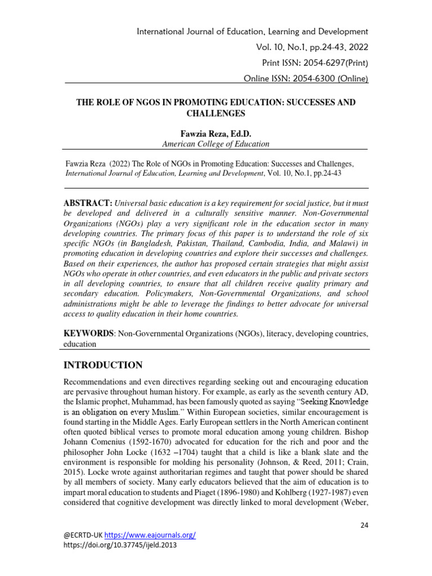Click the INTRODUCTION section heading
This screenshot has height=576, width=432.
103,364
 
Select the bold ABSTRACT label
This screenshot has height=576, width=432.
88,202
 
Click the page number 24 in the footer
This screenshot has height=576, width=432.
363,525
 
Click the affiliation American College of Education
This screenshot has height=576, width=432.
216,144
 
